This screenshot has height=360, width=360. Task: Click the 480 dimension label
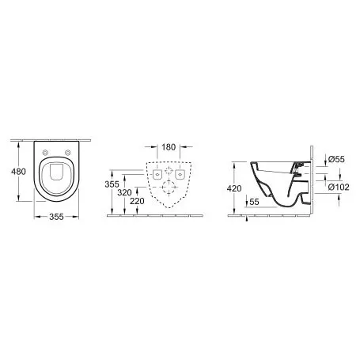pos(18,172)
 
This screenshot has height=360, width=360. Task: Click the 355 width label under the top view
pos(56,217)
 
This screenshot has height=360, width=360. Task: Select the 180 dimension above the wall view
pos(169,147)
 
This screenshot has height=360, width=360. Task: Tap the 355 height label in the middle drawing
pos(112,184)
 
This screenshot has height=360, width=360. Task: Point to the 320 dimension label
pos(124,192)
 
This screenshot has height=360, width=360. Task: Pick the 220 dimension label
pos(137,201)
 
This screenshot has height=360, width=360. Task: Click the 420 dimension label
pos(234,188)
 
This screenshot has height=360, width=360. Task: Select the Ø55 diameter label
pos(336,159)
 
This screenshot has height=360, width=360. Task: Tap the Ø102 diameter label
pos(339,187)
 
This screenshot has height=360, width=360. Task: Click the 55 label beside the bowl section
pos(254,202)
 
